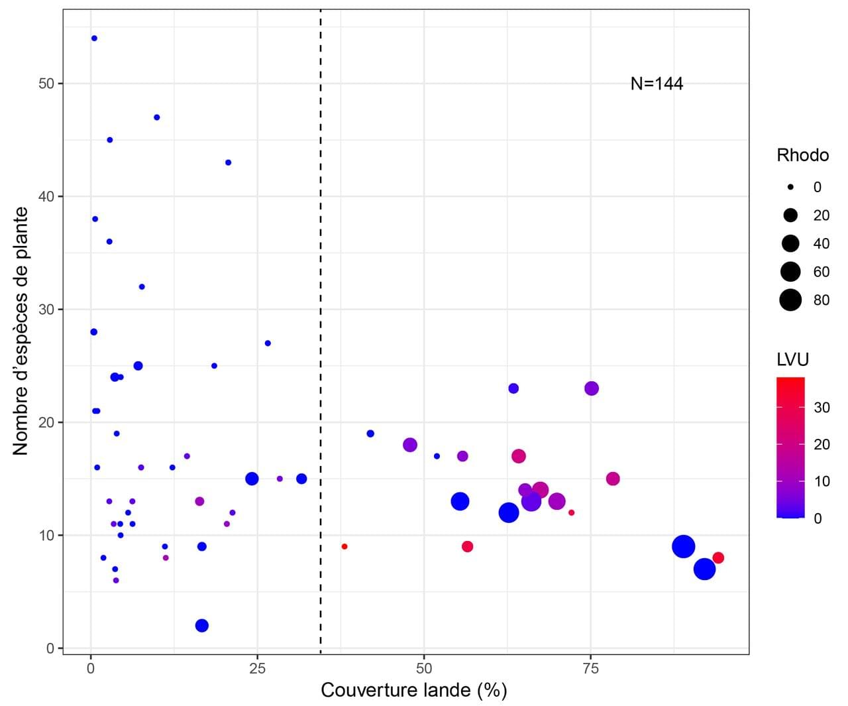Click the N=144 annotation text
tap(657, 84)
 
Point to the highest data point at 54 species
tap(94, 38)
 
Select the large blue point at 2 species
tap(202, 626)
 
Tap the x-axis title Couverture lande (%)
tap(413, 690)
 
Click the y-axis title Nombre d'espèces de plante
tap(21, 331)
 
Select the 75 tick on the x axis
tap(590, 668)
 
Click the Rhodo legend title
tap(802, 155)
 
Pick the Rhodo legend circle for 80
tap(790, 300)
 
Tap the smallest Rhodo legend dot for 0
tap(790, 187)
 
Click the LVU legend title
tap(792, 359)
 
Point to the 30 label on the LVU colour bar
tap(821, 407)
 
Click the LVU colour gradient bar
tap(790, 447)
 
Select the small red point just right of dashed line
tap(344, 547)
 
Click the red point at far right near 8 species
tap(718, 558)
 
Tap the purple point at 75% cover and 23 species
tap(592, 388)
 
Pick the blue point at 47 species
tap(157, 117)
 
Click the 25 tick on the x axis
tap(257, 668)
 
